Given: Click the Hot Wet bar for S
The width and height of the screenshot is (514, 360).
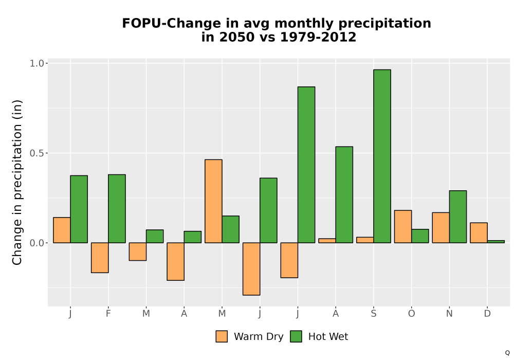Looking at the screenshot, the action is coord(382,156).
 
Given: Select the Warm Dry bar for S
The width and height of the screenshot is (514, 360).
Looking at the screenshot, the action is coord(365,240).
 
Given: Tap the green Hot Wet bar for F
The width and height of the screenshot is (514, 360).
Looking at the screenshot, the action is coord(117,208).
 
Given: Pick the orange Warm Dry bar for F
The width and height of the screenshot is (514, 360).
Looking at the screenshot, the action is coord(100,258).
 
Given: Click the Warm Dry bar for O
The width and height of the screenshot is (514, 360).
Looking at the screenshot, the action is coord(403,227).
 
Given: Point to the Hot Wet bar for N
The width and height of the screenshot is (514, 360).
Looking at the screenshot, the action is coord(458,217).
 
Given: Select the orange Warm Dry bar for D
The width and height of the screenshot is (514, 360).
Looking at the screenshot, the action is coord(479,233).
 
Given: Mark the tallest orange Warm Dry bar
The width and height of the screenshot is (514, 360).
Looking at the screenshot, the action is coord(213,201).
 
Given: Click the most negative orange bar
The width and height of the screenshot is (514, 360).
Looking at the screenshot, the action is coord(251,269).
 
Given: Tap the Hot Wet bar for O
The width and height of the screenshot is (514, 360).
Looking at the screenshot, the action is coord(420,236).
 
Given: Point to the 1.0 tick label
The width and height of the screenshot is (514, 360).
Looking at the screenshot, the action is coord(36,63).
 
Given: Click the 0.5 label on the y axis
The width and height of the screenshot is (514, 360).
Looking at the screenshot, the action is coord(36,153).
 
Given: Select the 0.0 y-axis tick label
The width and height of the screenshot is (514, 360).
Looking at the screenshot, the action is coord(36,243).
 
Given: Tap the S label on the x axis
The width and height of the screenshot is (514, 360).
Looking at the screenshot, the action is coord(373,314).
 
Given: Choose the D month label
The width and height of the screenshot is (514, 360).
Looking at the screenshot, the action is coord(487,314).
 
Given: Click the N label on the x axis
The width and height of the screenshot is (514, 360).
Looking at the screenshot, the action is coord(449,314).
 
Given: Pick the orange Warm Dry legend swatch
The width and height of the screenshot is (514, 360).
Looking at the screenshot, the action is coord(222,336).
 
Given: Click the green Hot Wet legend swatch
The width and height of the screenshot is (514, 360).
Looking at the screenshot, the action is coord(296,336).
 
